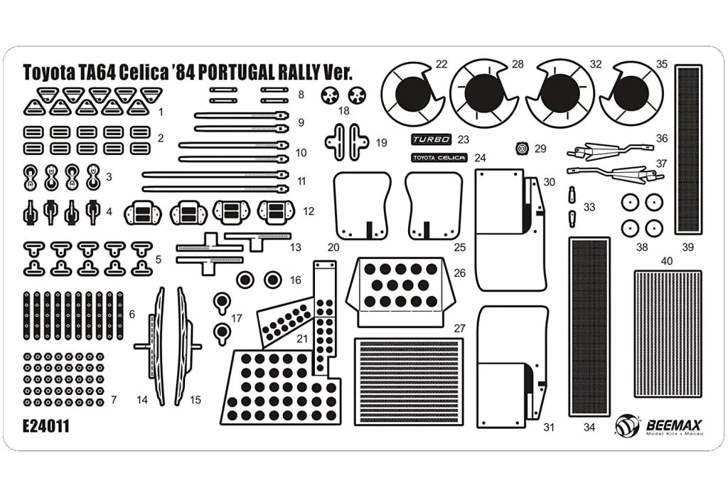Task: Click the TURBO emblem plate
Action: coord(432,140)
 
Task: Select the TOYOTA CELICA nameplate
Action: coord(439,157)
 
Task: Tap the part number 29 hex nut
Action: coord(523,149)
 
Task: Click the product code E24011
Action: coord(46,426)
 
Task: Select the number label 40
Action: coord(666,261)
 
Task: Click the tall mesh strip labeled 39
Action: coord(687,149)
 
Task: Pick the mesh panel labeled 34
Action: coord(589,327)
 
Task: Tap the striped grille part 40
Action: coord(668,334)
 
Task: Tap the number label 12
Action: coord(308,211)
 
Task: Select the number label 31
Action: coord(548,427)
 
